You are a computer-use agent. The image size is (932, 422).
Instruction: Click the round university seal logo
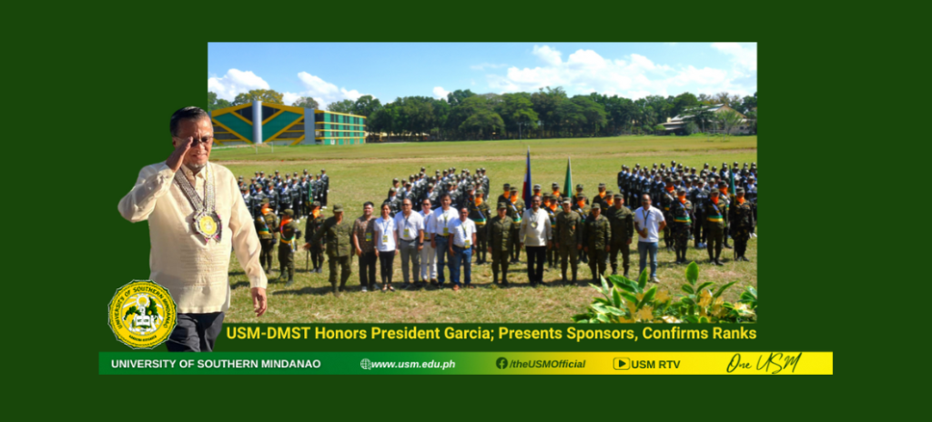(143, 314)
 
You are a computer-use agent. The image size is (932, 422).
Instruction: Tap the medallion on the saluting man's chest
(208, 226)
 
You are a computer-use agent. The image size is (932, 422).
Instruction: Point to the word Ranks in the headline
(737, 334)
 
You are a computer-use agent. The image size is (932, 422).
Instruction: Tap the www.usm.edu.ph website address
(413, 365)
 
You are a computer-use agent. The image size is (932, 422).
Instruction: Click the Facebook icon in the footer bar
(501, 363)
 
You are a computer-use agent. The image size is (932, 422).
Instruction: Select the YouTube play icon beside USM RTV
(621, 364)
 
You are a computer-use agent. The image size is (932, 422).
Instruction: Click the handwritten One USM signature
(764, 363)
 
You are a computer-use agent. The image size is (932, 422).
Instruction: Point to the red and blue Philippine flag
(527, 177)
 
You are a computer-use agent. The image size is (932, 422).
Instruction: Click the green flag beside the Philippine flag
(568, 178)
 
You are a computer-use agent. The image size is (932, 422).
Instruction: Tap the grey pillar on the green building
(257, 122)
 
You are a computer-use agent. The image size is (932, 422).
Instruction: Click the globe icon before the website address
(366, 364)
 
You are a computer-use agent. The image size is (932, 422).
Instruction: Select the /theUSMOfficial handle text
(547, 365)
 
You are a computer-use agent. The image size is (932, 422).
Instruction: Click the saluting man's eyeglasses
(195, 140)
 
